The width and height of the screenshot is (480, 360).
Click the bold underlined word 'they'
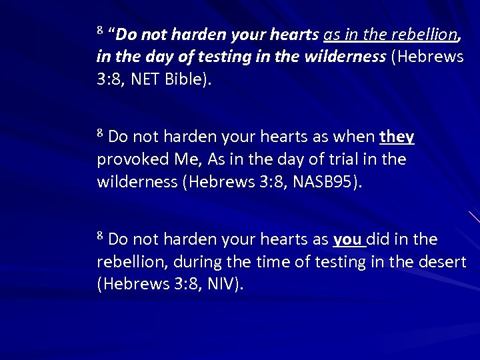pyautogui.click(x=397, y=137)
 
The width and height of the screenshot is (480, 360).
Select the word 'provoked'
pyautogui.click(x=127, y=160)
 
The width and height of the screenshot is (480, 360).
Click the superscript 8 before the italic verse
pyautogui.click(x=100, y=30)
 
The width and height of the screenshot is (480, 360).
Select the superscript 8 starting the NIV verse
pyautogui.click(x=100, y=235)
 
